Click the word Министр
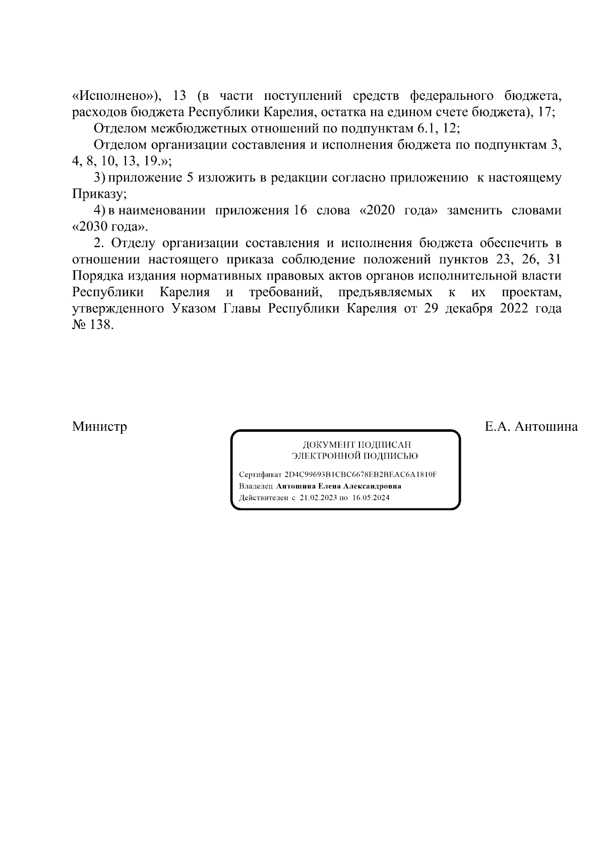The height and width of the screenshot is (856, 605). (x=99, y=427)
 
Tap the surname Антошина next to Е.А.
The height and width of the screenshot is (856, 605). (x=547, y=427)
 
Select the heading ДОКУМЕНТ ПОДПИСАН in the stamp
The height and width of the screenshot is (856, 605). (x=356, y=445)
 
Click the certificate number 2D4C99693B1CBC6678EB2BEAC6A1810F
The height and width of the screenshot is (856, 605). (x=360, y=475)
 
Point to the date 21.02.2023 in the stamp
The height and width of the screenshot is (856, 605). (x=318, y=497)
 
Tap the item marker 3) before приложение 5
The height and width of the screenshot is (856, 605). (x=99, y=178)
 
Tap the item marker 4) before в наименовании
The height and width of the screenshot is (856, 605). (x=99, y=210)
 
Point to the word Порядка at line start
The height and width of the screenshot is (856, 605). (x=97, y=276)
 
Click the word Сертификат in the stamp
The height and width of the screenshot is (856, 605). (x=260, y=475)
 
